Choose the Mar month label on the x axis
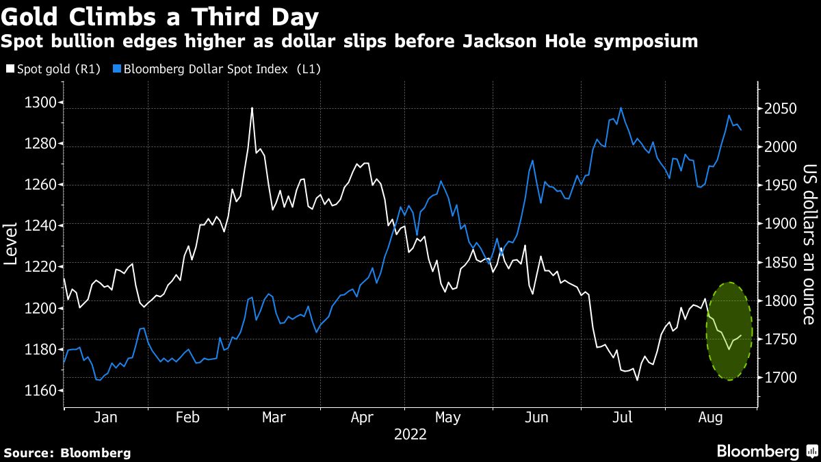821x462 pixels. [x=274, y=417]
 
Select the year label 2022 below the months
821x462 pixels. [x=410, y=434]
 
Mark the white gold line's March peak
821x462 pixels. [x=252, y=108]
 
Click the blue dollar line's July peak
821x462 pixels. [x=621, y=107]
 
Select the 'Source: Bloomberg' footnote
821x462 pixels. [x=67, y=452]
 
